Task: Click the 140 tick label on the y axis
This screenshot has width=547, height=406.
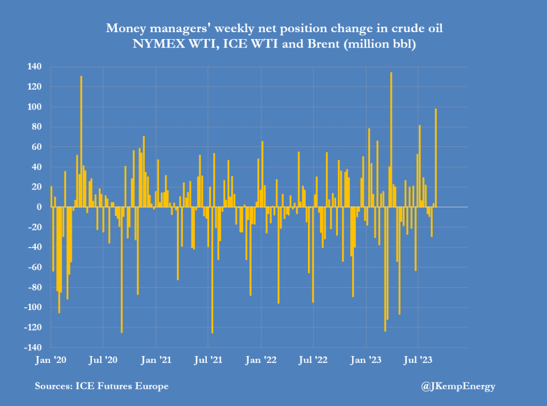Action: tap(34, 67)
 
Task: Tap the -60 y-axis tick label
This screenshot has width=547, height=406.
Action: tap(34, 267)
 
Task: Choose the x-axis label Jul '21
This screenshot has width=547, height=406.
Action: tap(209, 360)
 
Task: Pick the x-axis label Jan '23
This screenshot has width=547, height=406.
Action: tap(367, 360)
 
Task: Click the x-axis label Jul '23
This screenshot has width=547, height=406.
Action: tap(419, 360)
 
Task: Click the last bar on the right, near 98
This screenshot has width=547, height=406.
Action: tap(436, 158)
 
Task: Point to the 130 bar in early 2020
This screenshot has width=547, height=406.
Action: tap(81, 141)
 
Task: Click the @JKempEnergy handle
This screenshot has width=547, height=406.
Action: tap(459, 386)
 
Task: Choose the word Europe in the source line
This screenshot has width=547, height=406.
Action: tap(152, 386)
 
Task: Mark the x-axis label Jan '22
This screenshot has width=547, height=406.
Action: tap(261, 360)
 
